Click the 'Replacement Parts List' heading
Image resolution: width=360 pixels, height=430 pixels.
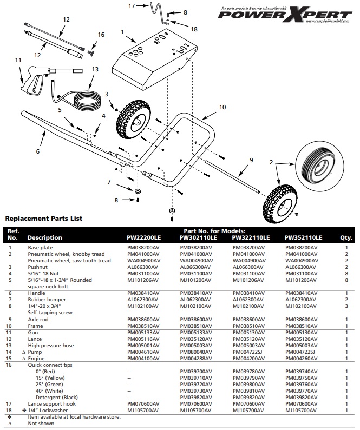(43, 219)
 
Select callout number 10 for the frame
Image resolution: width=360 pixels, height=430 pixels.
(222, 108)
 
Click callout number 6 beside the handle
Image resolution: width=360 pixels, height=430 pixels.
(38, 151)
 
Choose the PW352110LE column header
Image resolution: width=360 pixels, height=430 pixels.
(303, 237)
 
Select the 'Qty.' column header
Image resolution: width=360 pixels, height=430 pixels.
(346, 237)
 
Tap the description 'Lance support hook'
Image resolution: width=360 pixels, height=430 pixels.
(52, 403)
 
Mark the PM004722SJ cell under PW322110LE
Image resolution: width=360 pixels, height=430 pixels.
(248, 352)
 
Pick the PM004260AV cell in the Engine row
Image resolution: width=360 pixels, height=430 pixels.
(301, 358)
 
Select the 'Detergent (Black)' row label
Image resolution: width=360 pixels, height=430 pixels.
(57, 397)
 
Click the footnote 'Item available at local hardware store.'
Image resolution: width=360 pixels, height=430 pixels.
(74, 416)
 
